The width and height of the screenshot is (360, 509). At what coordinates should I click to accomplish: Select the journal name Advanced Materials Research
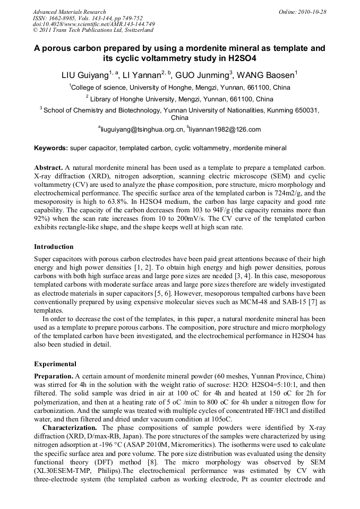click(70, 12)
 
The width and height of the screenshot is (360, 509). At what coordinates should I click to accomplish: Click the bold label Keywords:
click(51, 148)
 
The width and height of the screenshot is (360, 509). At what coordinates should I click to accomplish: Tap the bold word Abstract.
click(48, 167)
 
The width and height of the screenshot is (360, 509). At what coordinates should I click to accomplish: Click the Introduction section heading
click(54, 247)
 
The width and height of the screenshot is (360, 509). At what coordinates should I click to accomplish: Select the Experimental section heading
click(55, 364)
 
